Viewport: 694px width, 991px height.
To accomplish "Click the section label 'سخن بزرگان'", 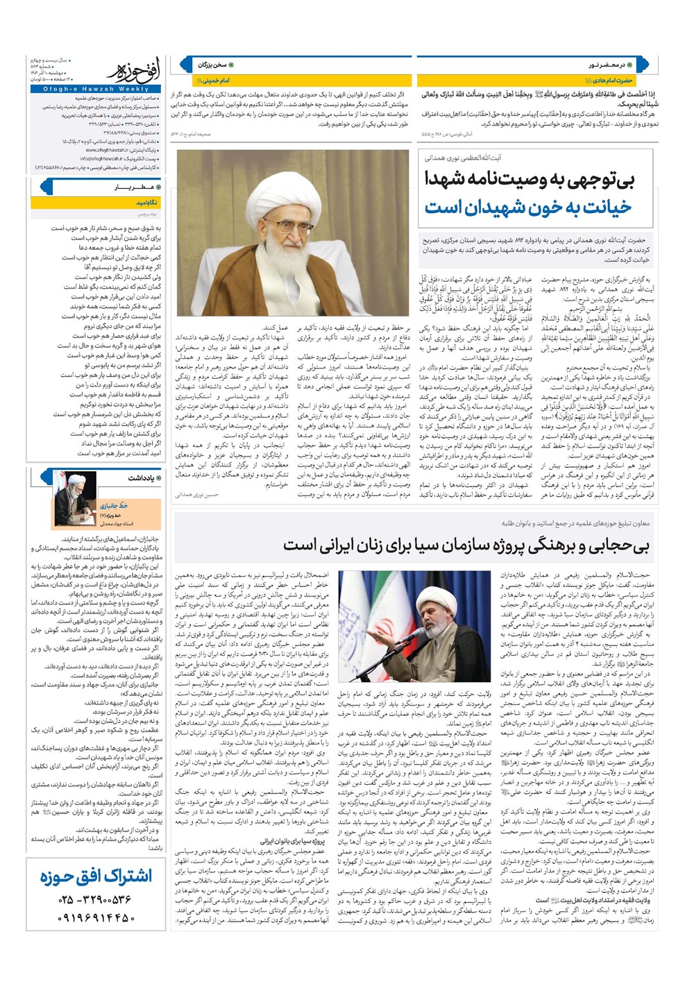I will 212,65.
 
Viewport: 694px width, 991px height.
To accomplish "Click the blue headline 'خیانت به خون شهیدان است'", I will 529,207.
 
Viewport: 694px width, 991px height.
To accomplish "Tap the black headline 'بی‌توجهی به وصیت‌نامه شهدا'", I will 529,179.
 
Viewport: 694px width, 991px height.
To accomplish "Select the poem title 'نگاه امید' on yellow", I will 147,203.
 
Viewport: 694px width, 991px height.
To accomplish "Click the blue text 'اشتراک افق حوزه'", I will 96,876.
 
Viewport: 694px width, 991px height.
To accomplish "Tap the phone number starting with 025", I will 96,900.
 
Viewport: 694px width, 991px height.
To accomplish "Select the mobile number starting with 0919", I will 96,917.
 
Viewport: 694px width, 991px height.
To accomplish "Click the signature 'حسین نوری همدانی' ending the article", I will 197,495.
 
